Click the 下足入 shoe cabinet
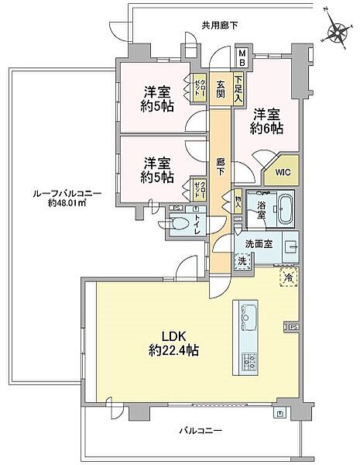pyautogui.click(x=239, y=84)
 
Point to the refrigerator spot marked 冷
pyautogui.click(x=288, y=275)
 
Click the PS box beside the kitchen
pyautogui.click(x=293, y=326)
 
